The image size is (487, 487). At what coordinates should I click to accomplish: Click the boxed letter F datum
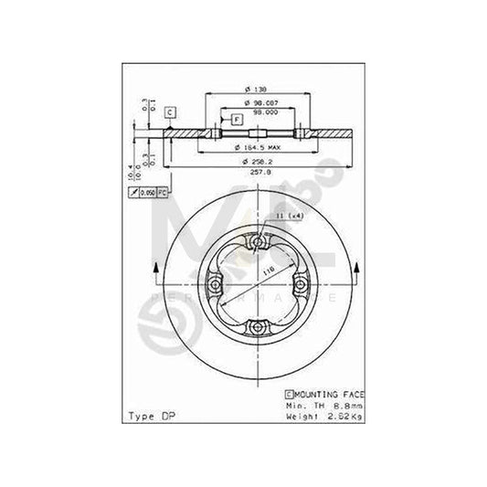236,120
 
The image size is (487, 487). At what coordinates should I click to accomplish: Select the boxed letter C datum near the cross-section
170,112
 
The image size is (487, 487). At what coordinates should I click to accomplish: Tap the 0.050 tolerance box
146,193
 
